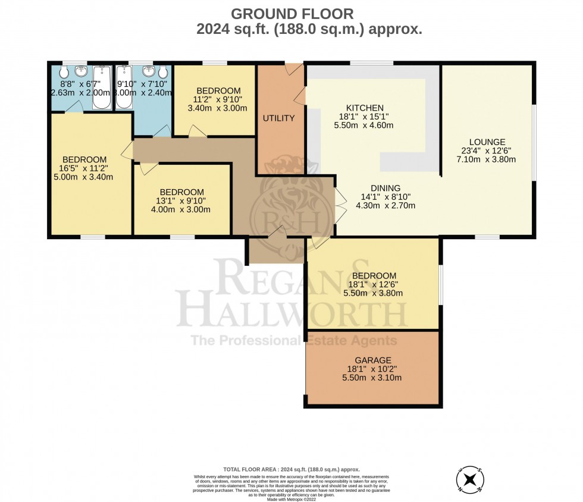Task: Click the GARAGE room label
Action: point(373,360)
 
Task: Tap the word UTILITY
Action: point(279,118)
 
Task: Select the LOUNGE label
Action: point(487,142)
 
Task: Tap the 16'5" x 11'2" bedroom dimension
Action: point(84,168)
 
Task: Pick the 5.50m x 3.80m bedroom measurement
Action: point(374,293)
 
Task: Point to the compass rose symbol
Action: point(469,478)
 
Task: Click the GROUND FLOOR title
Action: point(291,13)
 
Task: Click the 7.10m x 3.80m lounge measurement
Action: point(487,159)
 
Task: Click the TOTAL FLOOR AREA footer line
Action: point(291,469)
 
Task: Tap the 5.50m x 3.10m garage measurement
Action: point(373,378)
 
